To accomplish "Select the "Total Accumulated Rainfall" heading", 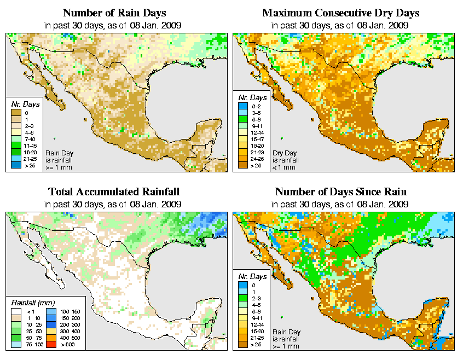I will coord(113,192).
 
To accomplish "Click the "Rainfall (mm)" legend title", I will coord(32,302).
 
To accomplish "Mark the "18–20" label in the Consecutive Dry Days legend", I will coord(257,146).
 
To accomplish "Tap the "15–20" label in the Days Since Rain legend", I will coord(257,330).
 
